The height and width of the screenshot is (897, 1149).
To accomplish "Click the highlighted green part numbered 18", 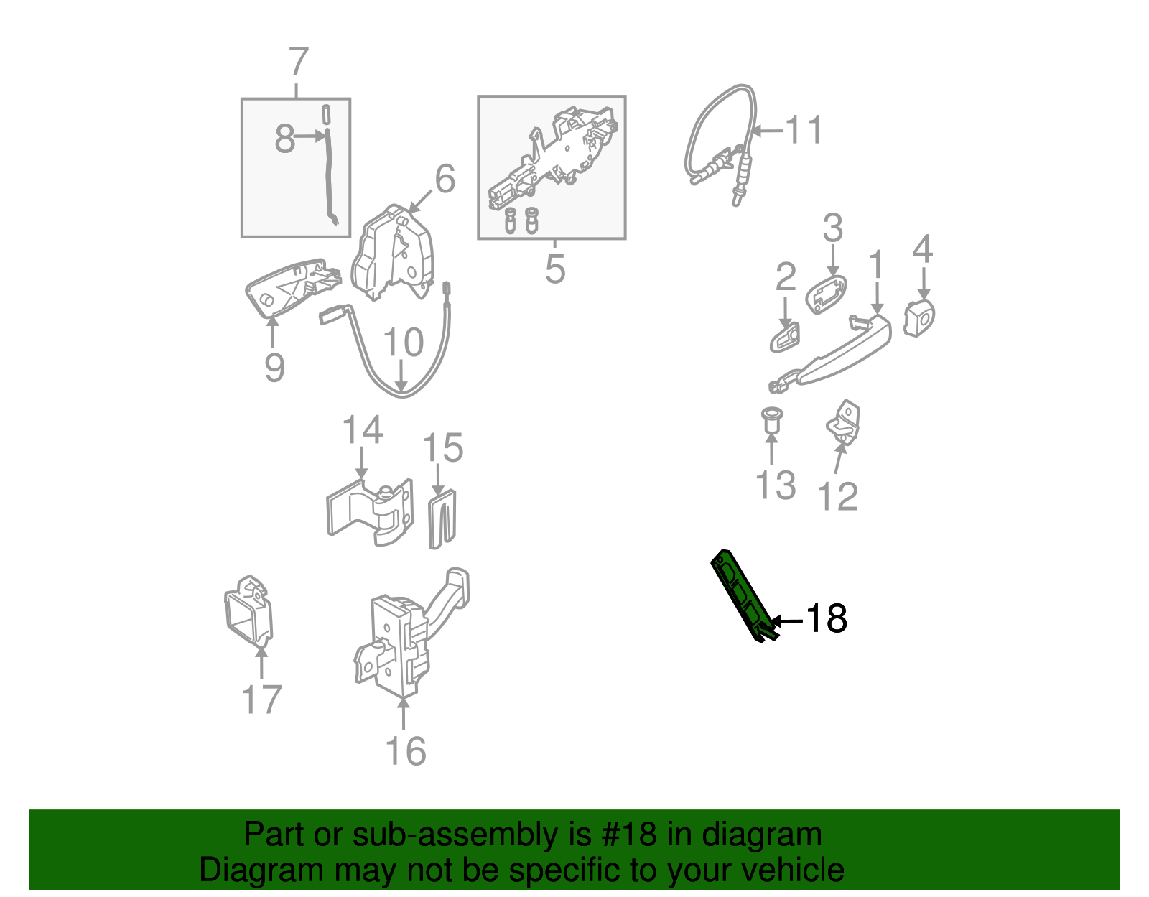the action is (x=743, y=595).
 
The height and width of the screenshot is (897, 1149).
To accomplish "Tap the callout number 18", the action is (x=826, y=618).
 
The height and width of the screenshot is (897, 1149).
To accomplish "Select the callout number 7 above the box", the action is (x=299, y=62).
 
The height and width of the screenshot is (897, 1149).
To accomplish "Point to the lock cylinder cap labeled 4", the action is (x=919, y=317).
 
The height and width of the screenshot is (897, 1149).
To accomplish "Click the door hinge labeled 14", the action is (x=370, y=512).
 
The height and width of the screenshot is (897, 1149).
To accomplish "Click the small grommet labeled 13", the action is (x=772, y=420).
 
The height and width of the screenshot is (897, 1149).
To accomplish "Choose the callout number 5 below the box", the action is (x=555, y=269).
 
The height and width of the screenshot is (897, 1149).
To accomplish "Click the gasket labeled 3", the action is (x=826, y=294).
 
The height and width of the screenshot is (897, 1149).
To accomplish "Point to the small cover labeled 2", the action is (x=785, y=338).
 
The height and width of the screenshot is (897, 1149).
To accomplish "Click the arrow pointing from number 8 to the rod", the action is (x=310, y=136).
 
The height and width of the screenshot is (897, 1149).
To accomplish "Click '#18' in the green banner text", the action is (x=628, y=834).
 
